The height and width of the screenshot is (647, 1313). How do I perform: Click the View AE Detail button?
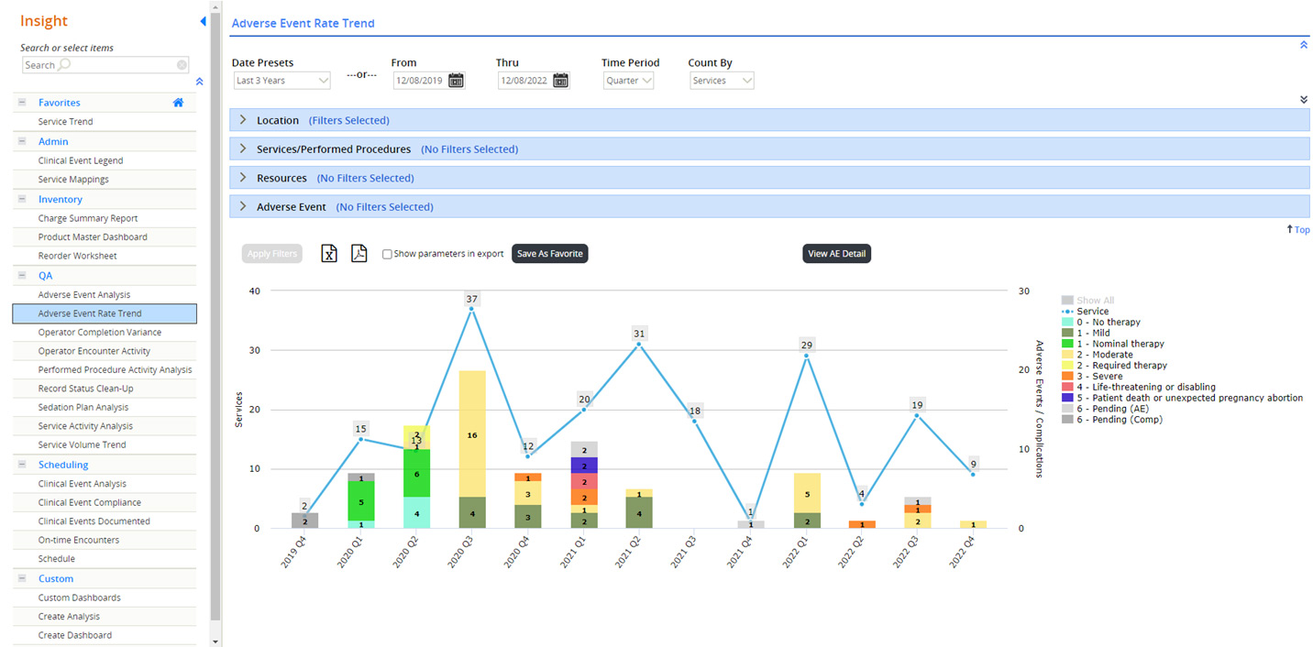pyautogui.click(x=836, y=254)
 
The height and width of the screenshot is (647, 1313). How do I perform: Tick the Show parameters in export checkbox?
pyautogui.click(x=387, y=255)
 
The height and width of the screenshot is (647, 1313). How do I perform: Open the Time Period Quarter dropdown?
pyautogui.click(x=628, y=81)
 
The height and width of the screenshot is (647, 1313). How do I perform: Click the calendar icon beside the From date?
pyautogui.click(x=456, y=81)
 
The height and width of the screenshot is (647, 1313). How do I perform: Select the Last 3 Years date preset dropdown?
pyautogui.click(x=281, y=81)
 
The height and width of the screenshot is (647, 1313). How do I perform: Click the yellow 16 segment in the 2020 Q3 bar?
pyautogui.click(x=472, y=434)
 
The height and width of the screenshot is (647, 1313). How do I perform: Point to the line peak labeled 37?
pyautogui.click(x=472, y=309)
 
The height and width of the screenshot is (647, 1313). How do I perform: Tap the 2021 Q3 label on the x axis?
pyautogui.click(x=683, y=552)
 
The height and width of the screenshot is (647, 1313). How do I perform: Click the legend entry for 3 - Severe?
pyautogui.click(x=1093, y=377)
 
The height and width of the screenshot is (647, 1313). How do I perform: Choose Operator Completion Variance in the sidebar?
pyautogui.click(x=100, y=333)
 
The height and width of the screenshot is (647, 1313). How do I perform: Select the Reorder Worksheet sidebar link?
pyautogui.click(x=77, y=256)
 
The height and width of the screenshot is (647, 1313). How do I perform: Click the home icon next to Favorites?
pyautogui.click(x=178, y=103)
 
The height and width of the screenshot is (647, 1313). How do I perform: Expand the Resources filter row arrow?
pyautogui.click(x=243, y=178)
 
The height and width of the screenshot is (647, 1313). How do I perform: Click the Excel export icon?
pyautogui.click(x=329, y=253)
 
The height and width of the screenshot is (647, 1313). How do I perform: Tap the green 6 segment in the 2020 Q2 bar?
pyautogui.click(x=417, y=474)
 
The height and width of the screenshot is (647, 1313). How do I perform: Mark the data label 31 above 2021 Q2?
pyautogui.click(x=639, y=334)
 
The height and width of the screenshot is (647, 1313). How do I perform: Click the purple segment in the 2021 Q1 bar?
pyautogui.click(x=584, y=466)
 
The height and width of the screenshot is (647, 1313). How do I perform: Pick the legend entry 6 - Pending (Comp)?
pyautogui.click(x=1112, y=420)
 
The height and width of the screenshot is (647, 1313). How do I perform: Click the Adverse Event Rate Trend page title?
pyautogui.click(x=303, y=24)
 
